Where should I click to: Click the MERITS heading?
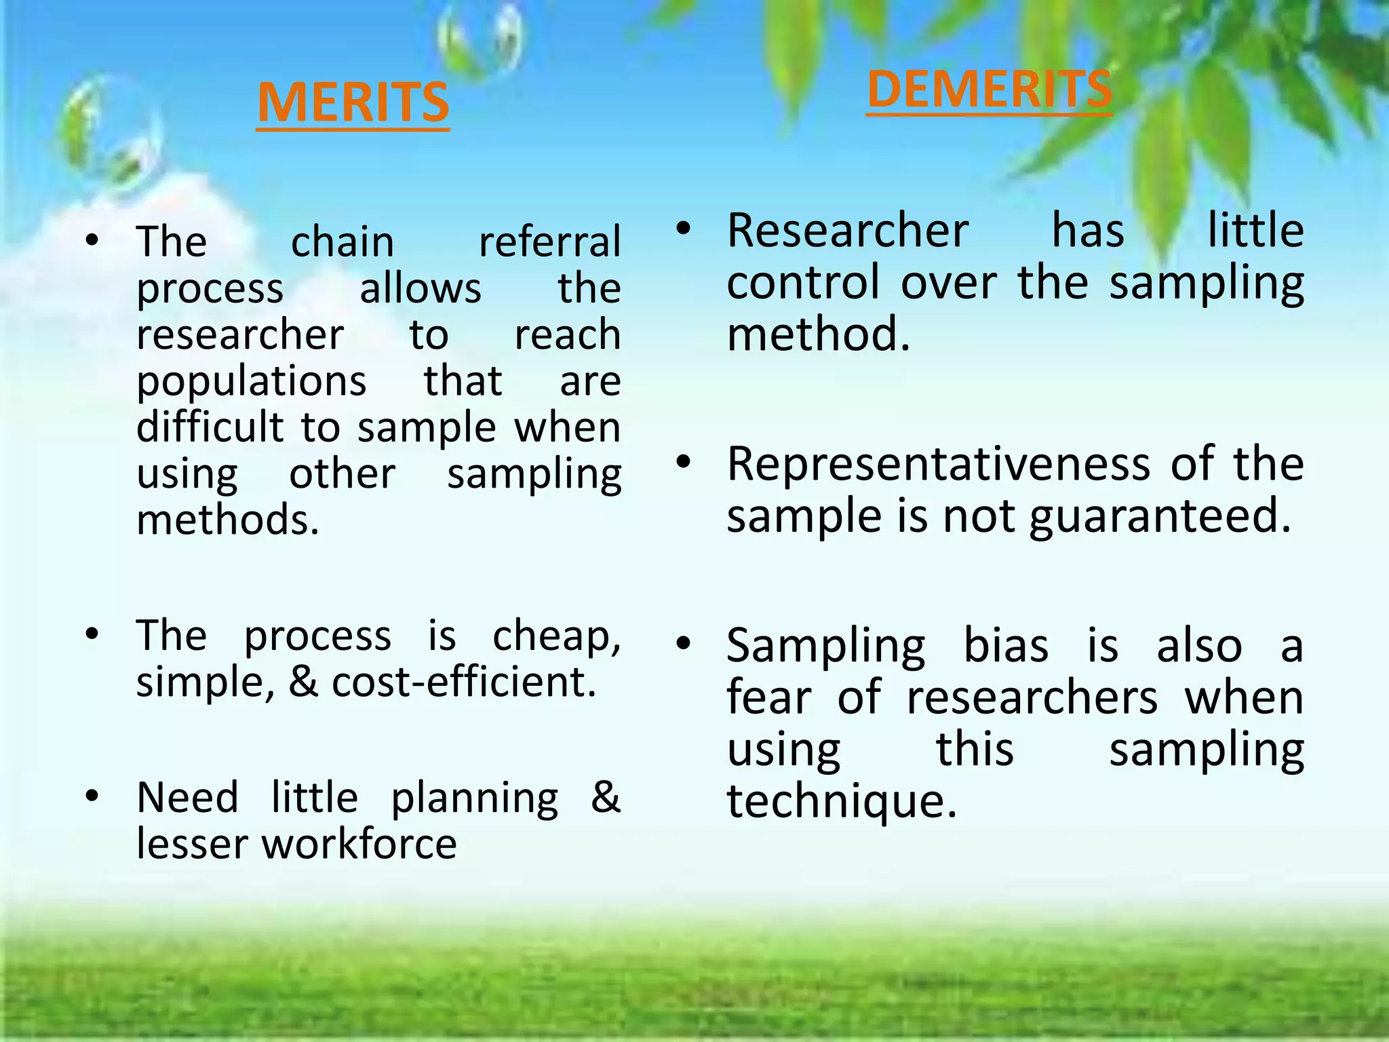coord(353,102)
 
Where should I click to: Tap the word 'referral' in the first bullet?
coord(549,242)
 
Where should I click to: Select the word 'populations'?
coord(251,381)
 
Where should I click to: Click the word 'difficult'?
coord(210,427)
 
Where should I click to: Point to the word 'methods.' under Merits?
coord(227,520)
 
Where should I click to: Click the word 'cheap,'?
coord(556,636)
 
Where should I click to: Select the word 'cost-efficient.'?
coord(464,682)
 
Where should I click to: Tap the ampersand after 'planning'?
coord(605,796)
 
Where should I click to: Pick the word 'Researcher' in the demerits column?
coord(847,231)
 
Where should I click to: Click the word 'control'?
coord(803,282)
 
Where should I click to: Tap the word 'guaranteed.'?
coord(1160,517)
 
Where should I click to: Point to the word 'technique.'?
coord(841,802)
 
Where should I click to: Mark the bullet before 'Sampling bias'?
coord(683,642)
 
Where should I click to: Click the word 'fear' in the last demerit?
coord(768,697)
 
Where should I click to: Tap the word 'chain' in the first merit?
coord(343,242)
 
